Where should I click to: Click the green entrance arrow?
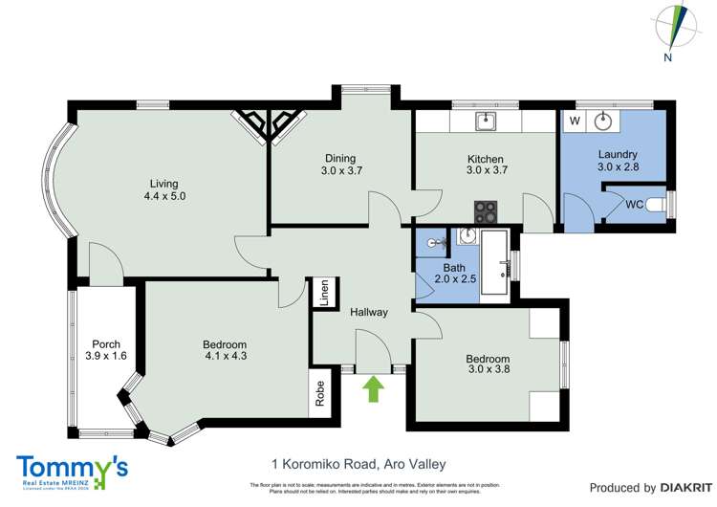tap(374, 387)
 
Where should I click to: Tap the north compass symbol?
tap(679, 27)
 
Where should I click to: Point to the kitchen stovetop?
tap(486, 209)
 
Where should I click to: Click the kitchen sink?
tap(486, 121)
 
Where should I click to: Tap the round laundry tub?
tap(603, 121)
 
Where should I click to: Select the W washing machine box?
tap(575, 121)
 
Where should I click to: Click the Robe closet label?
tap(318, 393)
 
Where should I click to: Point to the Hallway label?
tap(368, 312)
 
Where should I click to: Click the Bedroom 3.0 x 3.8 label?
tap(488, 364)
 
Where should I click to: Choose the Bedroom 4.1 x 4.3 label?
tap(225, 351)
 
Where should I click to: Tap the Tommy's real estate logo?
tap(73, 471)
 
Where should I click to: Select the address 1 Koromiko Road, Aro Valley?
tap(358, 464)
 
